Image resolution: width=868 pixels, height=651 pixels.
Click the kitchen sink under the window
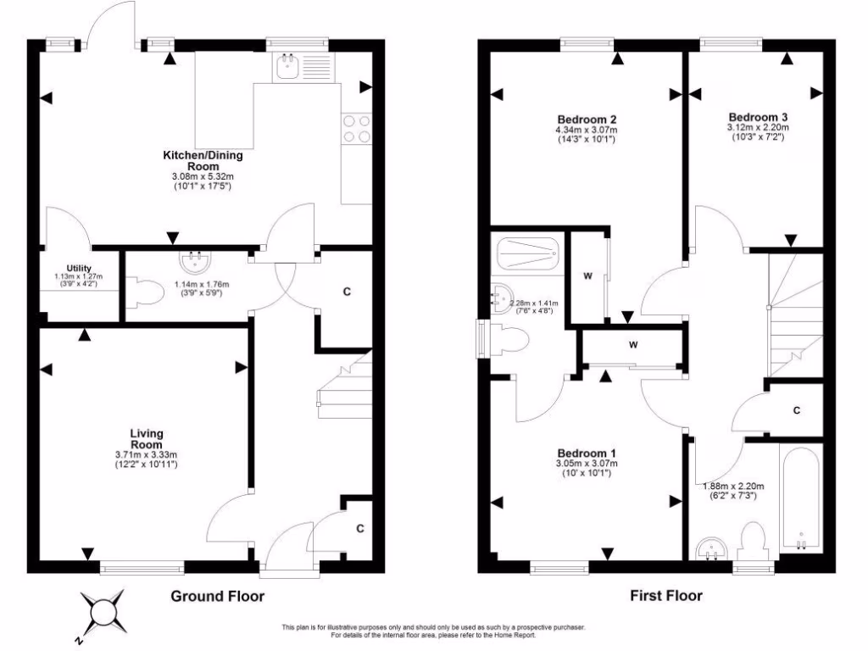(287, 67)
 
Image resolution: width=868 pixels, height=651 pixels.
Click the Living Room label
(147, 438)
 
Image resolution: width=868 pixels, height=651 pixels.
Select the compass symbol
(103, 611)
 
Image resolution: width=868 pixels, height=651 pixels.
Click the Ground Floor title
(218, 596)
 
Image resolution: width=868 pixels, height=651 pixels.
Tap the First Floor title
(665, 596)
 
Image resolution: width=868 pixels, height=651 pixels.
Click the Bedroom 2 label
(586, 119)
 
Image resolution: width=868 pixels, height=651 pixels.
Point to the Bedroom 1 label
(586, 453)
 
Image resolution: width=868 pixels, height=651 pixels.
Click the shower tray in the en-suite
(526, 253)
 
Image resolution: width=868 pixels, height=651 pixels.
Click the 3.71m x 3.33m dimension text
(147, 455)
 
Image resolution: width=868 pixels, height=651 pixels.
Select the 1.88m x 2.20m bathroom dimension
(733, 486)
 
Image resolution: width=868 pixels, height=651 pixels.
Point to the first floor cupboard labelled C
(796, 410)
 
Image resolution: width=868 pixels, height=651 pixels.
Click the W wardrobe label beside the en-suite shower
(587, 276)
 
